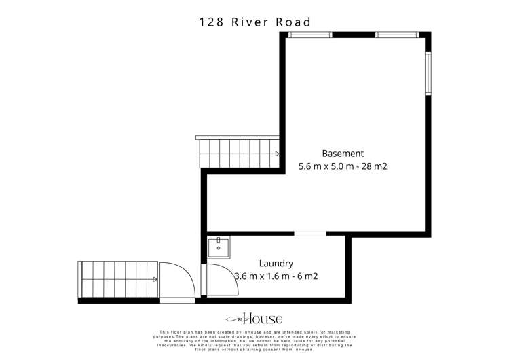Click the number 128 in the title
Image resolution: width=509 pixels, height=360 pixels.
click(212, 22)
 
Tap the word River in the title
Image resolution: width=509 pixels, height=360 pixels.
click(250, 22)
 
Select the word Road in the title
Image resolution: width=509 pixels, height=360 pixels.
click(293, 22)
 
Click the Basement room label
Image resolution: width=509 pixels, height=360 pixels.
click(343, 154)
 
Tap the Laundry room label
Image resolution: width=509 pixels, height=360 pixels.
click(276, 263)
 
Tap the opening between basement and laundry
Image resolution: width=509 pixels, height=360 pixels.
click(310, 234)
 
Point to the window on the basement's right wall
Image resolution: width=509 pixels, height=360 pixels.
click(428, 73)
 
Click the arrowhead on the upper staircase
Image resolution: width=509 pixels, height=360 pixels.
click(277, 154)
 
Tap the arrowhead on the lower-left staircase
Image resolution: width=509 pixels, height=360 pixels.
click(155, 279)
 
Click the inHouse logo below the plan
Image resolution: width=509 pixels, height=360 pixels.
click(254, 319)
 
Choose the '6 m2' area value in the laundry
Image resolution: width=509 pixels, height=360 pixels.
click(307, 276)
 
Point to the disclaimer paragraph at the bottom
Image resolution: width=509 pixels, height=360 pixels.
click(254, 340)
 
